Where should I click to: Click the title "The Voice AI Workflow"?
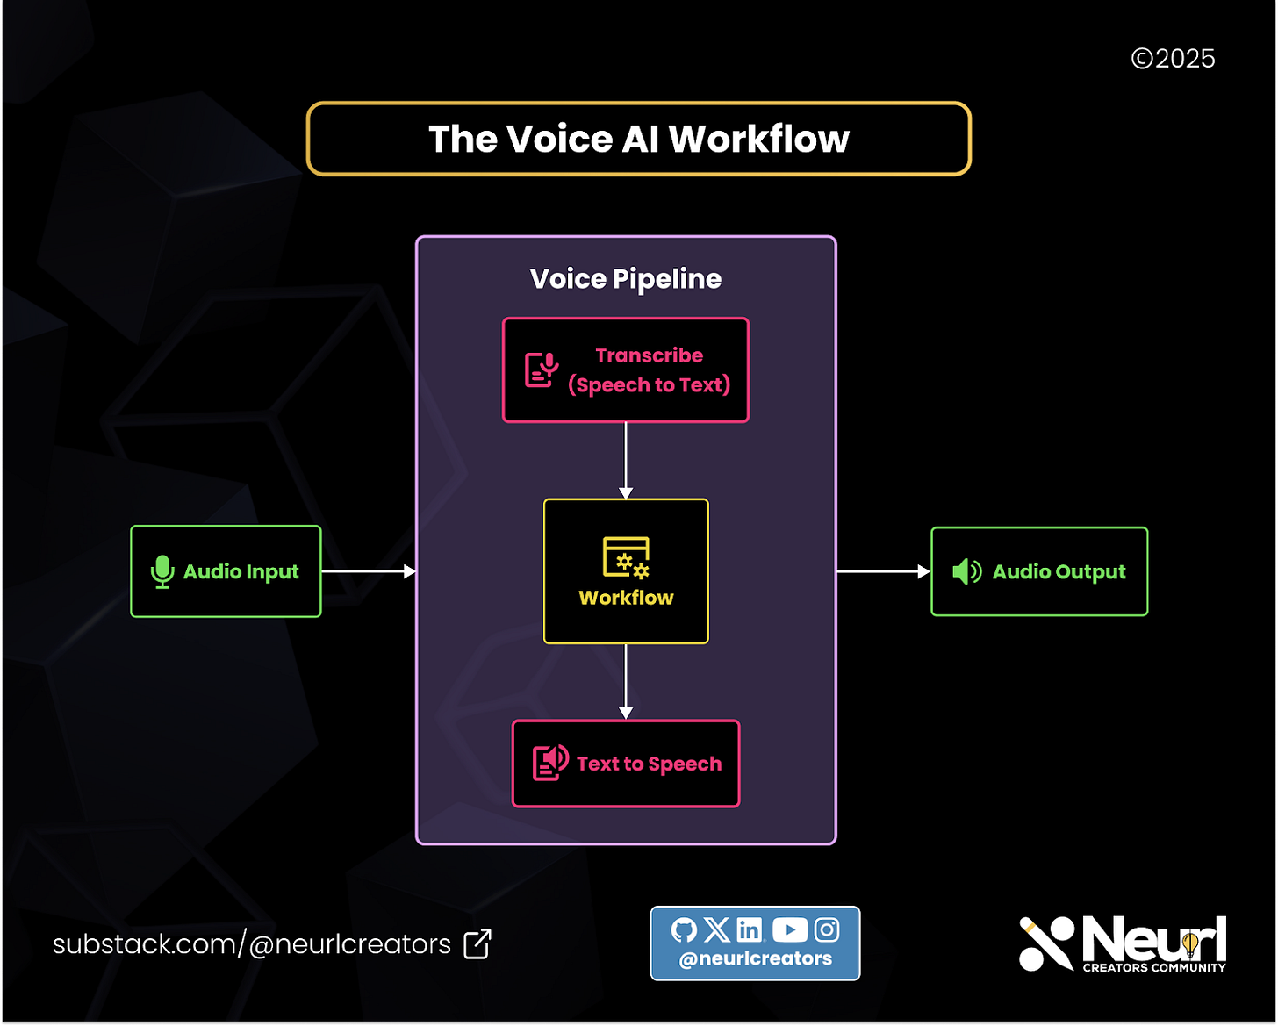click(638, 140)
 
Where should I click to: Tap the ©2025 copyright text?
click(1173, 59)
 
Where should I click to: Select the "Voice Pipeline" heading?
click(626, 279)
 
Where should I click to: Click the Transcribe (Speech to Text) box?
click(626, 370)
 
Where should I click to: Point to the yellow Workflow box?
click(626, 571)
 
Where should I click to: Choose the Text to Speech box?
click(626, 764)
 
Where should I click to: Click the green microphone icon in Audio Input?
click(162, 571)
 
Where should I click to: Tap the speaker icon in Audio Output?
click(966, 571)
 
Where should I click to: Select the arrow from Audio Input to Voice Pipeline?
click(369, 571)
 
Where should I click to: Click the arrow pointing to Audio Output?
click(883, 571)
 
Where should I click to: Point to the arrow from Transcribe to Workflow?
click(626, 461)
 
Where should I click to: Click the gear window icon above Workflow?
click(626, 557)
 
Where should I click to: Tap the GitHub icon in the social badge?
click(684, 929)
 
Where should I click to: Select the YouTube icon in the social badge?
click(790, 929)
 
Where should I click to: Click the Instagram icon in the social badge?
click(827, 929)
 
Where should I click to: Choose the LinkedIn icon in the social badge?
click(750, 929)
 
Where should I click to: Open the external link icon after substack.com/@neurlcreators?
click(477, 944)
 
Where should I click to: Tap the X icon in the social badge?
click(716, 929)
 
